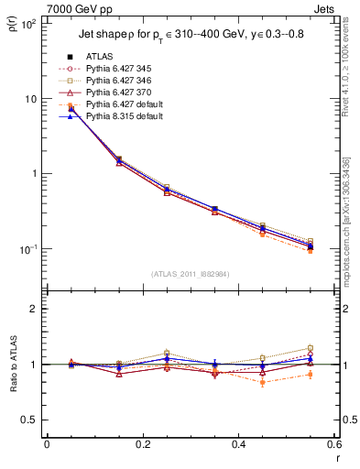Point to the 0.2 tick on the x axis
[x=142, y=445]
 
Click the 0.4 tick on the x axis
[x=238, y=445]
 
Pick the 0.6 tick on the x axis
[x=333, y=445]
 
